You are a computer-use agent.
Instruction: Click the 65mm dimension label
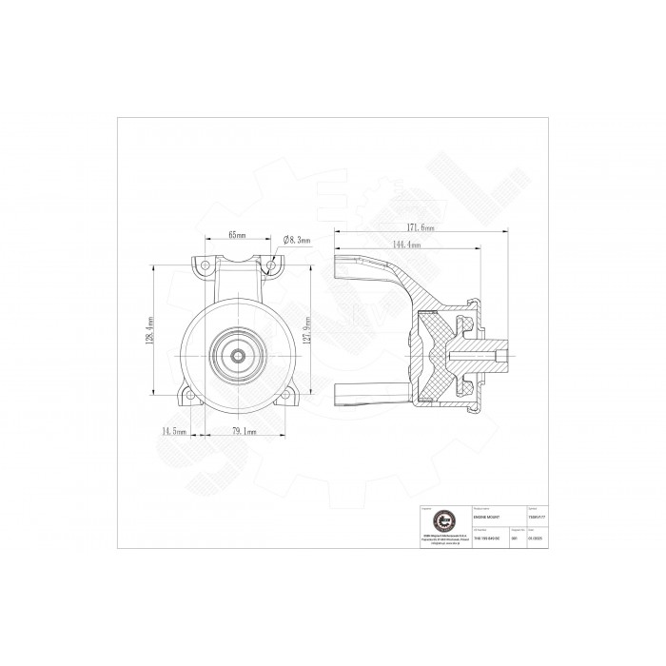[x=237, y=235]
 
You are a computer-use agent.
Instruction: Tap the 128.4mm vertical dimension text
[x=150, y=331]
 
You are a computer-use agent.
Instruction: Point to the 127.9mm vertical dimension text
[x=323, y=332]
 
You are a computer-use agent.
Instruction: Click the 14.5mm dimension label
[x=171, y=431]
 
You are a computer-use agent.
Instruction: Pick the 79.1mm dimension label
[x=246, y=431]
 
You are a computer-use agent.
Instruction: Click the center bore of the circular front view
[x=237, y=355]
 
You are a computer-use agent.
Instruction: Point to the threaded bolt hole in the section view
[x=480, y=357]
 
